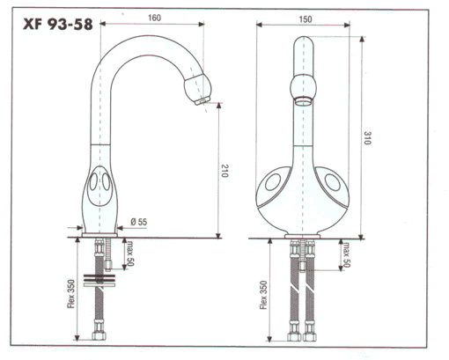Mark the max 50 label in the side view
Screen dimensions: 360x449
point(129,253)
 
